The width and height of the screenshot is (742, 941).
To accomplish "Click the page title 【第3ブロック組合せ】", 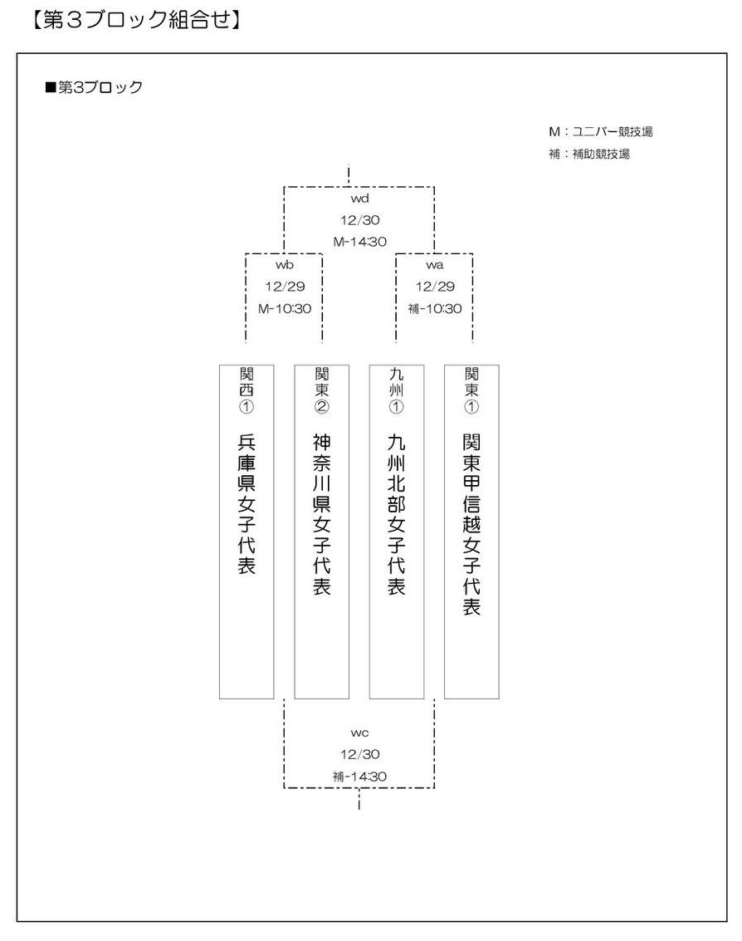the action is (x=135, y=19).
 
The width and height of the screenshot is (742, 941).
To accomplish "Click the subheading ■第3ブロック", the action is (x=94, y=87).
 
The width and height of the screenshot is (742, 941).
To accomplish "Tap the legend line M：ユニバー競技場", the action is (x=600, y=132).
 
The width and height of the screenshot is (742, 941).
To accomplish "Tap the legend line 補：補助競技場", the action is (x=589, y=154).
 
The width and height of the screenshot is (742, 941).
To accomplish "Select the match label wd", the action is (x=359, y=198).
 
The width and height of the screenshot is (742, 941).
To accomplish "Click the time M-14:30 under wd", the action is (x=360, y=242).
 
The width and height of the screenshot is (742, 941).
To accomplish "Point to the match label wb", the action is (x=285, y=265).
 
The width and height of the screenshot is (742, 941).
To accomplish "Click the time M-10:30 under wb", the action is (x=285, y=309).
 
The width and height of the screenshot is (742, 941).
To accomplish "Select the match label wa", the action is (x=435, y=265).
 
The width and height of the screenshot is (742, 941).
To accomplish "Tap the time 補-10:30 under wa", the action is (x=435, y=309).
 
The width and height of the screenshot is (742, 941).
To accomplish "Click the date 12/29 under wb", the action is (x=285, y=287).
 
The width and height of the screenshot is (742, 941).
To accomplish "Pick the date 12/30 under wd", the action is (x=360, y=220).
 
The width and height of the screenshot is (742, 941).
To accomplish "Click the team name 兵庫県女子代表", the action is (x=247, y=504).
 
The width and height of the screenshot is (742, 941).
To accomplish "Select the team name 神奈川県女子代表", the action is (x=321, y=514).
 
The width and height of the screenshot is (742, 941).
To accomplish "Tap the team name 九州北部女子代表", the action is (x=397, y=514).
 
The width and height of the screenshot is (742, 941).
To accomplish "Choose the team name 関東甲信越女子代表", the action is (x=471, y=525).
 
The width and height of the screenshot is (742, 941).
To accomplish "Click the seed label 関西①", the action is (x=247, y=390).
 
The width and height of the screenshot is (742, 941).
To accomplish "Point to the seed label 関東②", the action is (x=321, y=390).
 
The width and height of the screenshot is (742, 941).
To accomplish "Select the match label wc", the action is (x=359, y=733).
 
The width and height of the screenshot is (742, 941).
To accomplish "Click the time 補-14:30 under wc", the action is (x=360, y=777).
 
